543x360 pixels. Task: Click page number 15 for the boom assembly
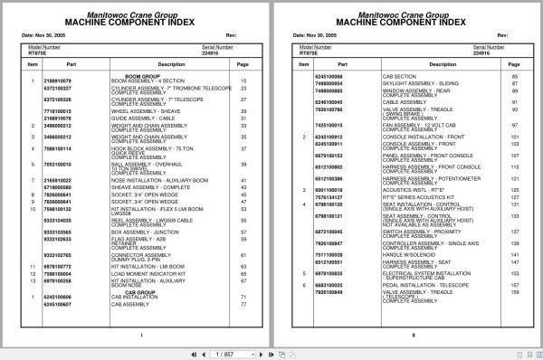click(x=243, y=81)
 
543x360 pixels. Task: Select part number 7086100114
click(x=57, y=147)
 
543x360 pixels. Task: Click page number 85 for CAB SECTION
click(x=512, y=77)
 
